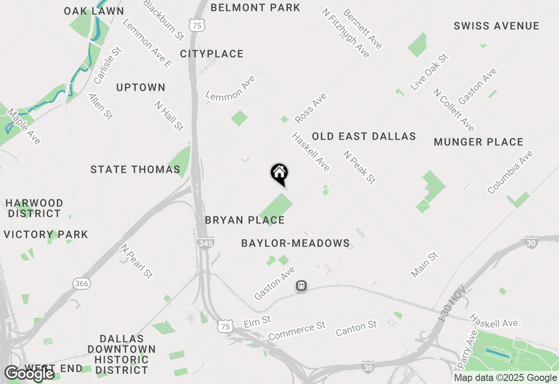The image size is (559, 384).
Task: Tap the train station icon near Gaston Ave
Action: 301,286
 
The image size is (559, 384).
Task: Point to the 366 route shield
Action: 81,284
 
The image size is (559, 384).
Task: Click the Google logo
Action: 29,374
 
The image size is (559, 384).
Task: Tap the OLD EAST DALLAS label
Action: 364,137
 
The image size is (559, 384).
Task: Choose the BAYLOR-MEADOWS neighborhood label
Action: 296,243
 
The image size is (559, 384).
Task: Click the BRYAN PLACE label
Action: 245,220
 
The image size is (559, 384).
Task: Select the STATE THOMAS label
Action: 135,169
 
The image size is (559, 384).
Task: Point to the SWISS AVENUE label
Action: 497,26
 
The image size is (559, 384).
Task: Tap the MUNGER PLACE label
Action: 478,142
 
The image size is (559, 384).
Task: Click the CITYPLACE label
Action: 212,54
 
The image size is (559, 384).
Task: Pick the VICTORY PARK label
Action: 46,235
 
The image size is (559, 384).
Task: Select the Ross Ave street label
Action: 311,108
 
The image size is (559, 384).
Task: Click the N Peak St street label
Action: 359,167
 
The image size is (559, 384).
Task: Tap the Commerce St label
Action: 297,331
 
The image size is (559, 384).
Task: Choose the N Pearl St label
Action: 137,261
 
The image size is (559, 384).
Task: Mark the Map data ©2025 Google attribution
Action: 505,378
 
